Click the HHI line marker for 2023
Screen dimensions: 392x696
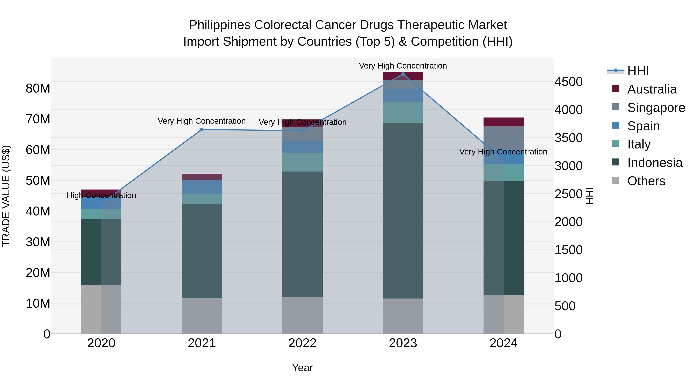[403, 74]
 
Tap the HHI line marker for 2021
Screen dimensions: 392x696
[202, 129]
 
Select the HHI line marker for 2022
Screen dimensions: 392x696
[302, 131]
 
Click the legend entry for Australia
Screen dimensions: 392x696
[652, 89]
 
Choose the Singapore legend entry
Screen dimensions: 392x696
[656, 108]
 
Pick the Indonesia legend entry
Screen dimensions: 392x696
[654, 163]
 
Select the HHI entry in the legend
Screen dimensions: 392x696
[638, 71]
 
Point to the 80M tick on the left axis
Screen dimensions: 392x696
[38, 88]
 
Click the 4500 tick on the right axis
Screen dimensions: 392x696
[568, 82]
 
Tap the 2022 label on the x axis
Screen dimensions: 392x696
[302, 343]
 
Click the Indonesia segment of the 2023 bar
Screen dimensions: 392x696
[403, 210]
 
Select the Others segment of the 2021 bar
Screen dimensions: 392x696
[202, 316]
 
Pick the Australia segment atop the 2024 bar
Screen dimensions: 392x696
[503, 122]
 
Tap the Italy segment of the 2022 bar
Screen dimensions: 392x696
[302, 162]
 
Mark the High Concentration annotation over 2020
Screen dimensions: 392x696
[101, 195]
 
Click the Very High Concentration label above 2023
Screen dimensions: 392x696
[403, 66]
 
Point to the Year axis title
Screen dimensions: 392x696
[302, 368]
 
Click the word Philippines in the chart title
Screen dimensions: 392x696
[220, 25]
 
